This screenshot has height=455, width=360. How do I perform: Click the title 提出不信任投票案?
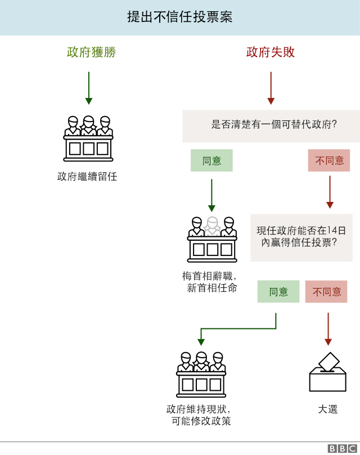click(x=180, y=17)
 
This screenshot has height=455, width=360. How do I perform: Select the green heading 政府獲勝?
click(x=91, y=52)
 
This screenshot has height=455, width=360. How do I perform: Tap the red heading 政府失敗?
click(x=271, y=52)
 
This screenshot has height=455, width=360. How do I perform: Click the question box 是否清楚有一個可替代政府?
click(x=271, y=125)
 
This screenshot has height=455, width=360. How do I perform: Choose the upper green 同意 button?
click(x=211, y=160)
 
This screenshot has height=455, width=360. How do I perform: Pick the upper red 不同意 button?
click(x=329, y=160)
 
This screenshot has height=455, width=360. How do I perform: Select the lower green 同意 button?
click(x=278, y=291)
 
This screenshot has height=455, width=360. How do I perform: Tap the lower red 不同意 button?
click(x=326, y=291)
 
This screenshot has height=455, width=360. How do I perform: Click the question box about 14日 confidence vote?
click(x=301, y=237)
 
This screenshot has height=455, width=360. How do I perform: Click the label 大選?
click(x=327, y=409)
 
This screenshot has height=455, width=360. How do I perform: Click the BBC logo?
click(x=343, y=448)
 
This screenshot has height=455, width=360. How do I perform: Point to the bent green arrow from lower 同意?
click(x=236, y=329)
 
